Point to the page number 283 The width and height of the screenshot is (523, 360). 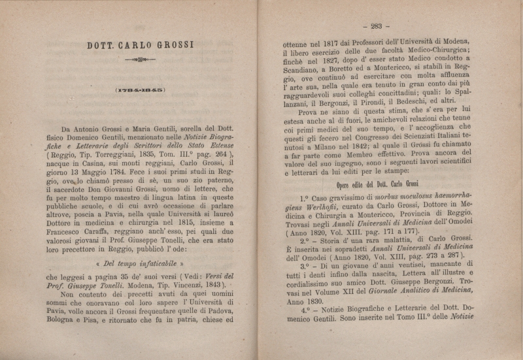(375, 26)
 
